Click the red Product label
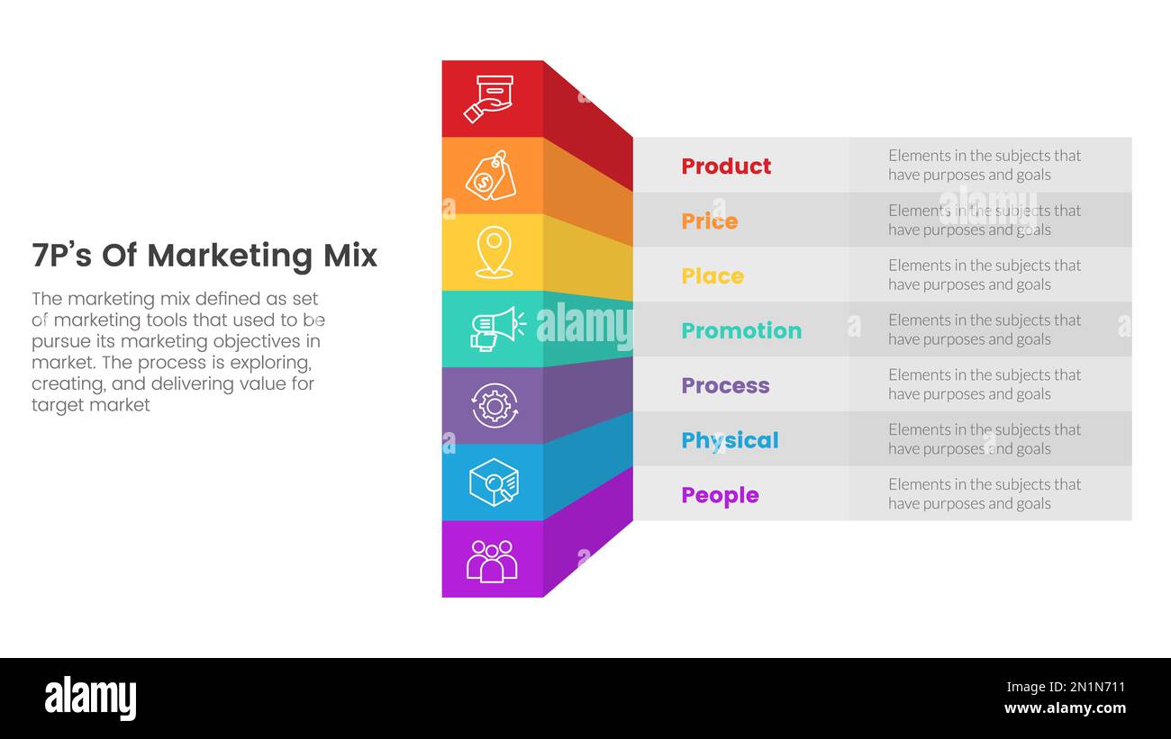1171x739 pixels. pos(726,167)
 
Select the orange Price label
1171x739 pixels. pos(709,221)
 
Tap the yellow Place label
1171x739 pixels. pos(712,276)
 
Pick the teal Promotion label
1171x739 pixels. pos(740,331)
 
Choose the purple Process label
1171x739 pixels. pos(725,386)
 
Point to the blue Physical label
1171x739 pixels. pos(730,441)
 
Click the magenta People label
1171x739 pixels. pos(720,496)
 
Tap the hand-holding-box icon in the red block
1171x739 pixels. pos(489,99)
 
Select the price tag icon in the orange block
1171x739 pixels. pos(491,176)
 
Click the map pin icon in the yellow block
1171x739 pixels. pos(494,252)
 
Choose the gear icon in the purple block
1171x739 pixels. pos(494,406)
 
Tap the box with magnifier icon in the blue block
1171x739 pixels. pos(494,482)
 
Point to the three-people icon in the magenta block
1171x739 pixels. pos(492,560)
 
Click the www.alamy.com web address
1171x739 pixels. pos(1065,708)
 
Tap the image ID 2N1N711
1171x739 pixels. pos(1090,688)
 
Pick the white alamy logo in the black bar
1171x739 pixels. pos(90,698)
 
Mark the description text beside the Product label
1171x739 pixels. pos(984,166)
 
